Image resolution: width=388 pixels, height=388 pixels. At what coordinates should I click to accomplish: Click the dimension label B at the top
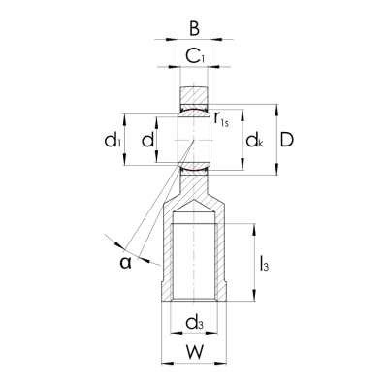click(194, 27)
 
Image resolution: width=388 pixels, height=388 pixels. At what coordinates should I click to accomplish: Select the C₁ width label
click(195, 57)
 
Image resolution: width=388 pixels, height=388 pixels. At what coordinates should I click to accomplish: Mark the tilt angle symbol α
click(124, 261)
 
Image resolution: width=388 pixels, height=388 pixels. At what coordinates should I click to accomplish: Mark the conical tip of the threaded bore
click(194, 212)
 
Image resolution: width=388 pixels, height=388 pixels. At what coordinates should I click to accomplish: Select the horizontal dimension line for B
click(194, 41)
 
